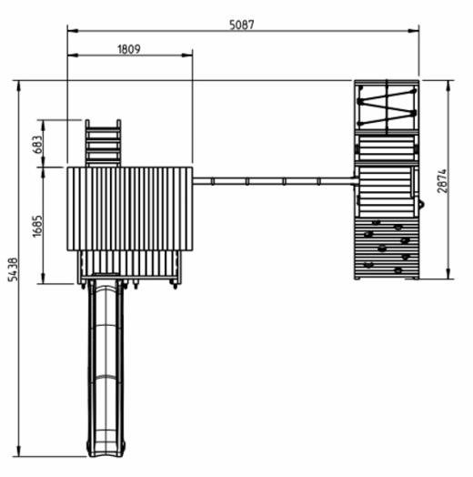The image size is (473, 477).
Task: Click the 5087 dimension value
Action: (242, 25)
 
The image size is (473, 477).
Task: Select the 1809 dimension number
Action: (129, 49)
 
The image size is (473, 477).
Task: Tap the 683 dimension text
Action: (36, 145)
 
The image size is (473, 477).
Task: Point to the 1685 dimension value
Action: (37, 226)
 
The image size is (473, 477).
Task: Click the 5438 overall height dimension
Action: (13, 269)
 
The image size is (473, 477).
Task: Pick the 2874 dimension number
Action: (442, 181)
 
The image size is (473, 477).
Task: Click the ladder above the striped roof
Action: (103, 143)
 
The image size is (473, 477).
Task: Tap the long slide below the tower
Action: (106, 368)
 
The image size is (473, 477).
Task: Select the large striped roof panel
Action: (130, 208)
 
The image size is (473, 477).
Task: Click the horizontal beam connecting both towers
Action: (275, 181)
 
